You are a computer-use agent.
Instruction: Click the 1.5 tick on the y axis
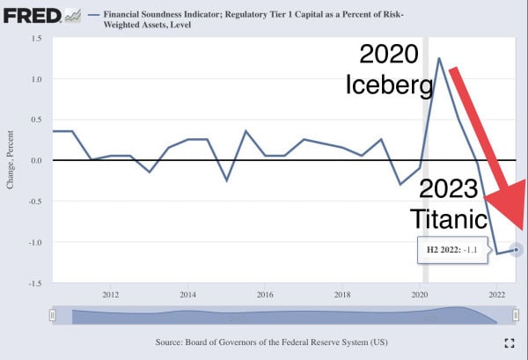[x=37, y=39]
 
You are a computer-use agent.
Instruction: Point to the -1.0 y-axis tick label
[x=35, y=242]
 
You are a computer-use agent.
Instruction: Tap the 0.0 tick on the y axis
[x=37, y=160]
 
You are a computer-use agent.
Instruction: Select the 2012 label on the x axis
[x=111, y=295]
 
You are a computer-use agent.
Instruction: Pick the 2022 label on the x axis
[x=497, y=295]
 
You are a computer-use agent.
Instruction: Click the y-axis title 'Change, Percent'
[x=11, y=160]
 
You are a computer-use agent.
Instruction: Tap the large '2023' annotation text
[x=448, y=187]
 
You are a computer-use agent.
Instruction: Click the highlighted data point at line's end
[x=517, y=250]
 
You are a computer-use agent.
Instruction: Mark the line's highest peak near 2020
[x=438, y=58]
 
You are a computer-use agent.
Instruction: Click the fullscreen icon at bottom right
[x=509, y=342]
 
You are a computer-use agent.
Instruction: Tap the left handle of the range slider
[x=53, y=315]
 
